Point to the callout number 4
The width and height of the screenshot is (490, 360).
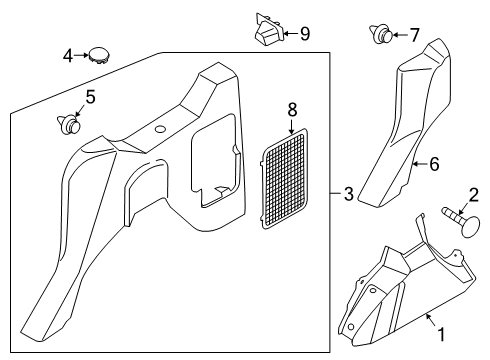pyautogui.click(x=67, y=57)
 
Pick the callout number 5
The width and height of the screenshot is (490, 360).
pyautogui.click(x=90, y=97)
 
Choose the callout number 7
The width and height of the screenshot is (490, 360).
pyautogui.click(x=414, y=35)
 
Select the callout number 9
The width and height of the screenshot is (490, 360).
pyautogui.click(x=304, y=34)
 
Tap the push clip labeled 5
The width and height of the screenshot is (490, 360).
pyautogui.click(x=68, y=125)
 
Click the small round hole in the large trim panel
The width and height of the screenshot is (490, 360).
pyautogui.click(x=160, y=131)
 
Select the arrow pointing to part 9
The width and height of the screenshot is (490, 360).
pyautogui.click(x=288, y=34)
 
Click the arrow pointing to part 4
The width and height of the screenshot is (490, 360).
pyautogui.click(x=81, y=57)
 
